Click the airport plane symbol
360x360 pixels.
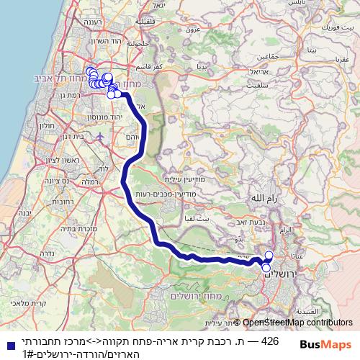click(98, 136)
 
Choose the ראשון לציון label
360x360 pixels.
click(35, 160)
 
